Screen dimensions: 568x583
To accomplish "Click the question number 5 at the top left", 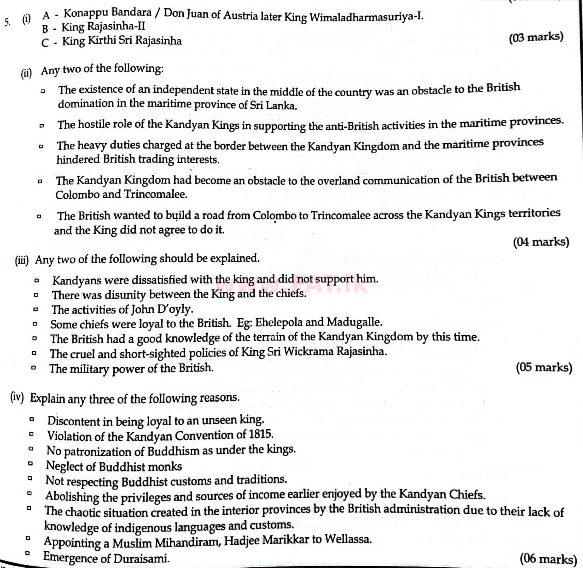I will [7, 22].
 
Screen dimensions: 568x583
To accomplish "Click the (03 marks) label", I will [536, 37].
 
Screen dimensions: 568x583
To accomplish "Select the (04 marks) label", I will [541, 242].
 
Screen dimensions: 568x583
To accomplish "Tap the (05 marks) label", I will [544, 367].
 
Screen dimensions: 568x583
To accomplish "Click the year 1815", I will [261, 434].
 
